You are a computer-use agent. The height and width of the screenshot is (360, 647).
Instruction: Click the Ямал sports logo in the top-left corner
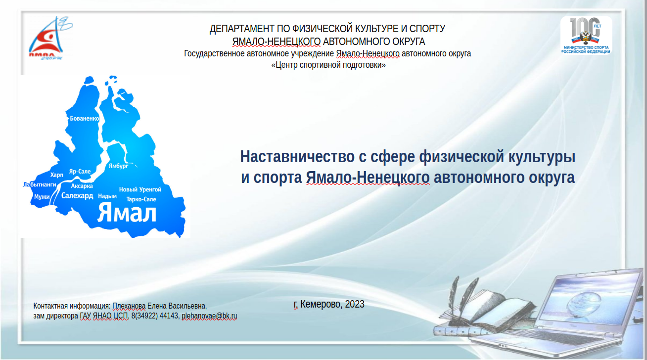50,38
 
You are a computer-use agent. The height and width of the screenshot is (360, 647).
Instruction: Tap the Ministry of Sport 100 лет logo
586,35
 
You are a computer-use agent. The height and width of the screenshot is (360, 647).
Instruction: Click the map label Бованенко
85,118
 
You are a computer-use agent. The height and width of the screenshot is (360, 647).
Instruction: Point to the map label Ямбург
118,166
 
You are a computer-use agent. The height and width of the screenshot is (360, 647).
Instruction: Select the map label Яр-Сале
80,171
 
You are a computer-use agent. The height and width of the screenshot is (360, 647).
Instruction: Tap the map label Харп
56,175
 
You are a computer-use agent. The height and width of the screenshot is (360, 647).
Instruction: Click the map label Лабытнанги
40,184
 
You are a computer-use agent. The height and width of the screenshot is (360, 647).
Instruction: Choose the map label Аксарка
82,186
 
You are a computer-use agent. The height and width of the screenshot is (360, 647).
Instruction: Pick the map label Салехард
77,196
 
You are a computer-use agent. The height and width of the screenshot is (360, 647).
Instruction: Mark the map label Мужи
42,197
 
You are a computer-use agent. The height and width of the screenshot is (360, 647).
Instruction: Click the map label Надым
107,196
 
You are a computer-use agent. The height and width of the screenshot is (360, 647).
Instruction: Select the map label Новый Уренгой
140,189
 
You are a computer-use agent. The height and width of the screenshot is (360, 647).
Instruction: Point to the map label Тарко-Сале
141,199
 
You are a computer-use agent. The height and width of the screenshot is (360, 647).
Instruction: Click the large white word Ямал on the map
127,213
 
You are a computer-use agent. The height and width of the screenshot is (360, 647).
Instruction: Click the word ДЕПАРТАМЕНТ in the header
242,29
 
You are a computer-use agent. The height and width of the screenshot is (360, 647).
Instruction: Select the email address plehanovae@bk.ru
209,316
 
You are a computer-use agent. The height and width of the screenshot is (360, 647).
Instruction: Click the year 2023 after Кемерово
354,304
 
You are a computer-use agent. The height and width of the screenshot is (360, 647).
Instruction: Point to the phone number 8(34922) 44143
155,316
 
